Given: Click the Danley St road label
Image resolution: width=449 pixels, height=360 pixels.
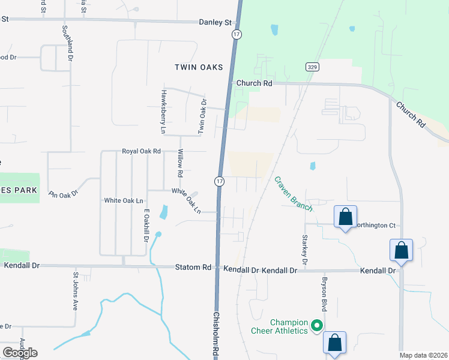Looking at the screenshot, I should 215,22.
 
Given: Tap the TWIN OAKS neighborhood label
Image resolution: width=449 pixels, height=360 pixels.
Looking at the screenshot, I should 199,67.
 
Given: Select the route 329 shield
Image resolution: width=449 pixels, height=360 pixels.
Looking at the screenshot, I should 311,67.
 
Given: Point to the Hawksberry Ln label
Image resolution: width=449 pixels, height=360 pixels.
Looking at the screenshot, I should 163,111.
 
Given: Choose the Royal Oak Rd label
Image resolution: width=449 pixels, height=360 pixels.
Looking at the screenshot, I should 142,152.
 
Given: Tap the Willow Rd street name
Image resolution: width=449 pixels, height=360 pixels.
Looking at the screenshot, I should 179,163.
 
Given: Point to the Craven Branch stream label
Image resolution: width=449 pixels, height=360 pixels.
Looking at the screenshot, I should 294,193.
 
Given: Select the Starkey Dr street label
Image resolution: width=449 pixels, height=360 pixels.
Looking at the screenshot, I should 304,250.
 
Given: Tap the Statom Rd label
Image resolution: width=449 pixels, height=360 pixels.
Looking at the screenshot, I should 193,266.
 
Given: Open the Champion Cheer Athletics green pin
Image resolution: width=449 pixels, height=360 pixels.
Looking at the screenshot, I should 317,326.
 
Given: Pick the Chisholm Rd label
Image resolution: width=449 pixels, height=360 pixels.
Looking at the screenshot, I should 215,335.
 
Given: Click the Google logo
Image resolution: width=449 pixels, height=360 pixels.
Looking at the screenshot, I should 20,352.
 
